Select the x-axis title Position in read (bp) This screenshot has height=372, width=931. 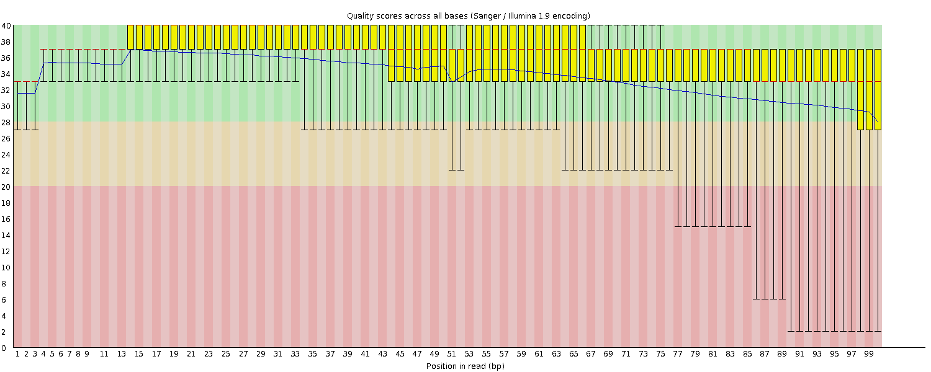(465, 366)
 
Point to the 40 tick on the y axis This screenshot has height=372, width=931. (6, 25)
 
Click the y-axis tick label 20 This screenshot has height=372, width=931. (6, 187)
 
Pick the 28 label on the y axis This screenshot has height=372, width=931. (6, 122)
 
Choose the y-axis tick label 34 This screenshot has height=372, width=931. (6, 74)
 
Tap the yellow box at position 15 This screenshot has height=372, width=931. (139, 37)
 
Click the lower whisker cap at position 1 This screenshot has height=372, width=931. (17, 130)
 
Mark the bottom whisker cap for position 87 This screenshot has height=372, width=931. (765, 299)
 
